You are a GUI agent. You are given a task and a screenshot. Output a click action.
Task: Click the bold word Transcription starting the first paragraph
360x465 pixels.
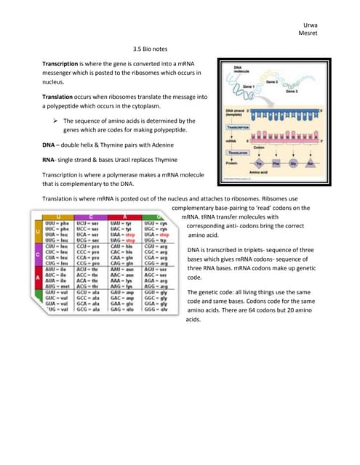point(63,65)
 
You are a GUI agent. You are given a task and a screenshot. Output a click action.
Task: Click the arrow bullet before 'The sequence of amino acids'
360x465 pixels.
point(55,121)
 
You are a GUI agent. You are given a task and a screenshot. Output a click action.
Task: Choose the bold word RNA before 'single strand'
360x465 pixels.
point(49,160)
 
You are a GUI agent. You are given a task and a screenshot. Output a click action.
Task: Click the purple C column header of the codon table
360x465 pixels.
point(91,216)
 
